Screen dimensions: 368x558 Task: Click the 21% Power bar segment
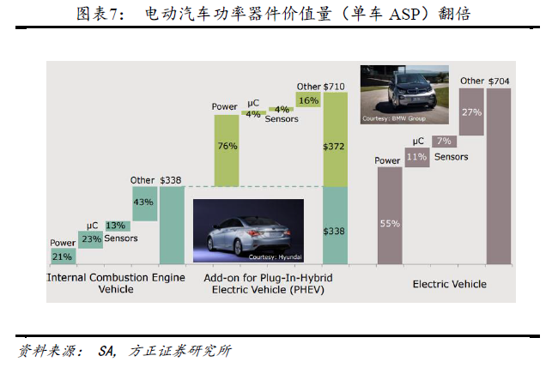pyautogui.click(x=63, y=256)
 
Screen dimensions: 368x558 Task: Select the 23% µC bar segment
pyautogui.click(x=90, y=240)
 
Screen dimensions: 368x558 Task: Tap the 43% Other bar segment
pyautogui.click(x=143, y=202)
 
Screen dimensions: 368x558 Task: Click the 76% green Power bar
pyautogui.click(x=227, y=147)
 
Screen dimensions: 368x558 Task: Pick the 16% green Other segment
pyautogui.click(x=307, y=100)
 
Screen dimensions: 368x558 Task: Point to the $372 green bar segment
pyautogui.click(x=335, y=147)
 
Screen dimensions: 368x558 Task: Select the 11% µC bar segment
pyautogui.click(x=417, y=157)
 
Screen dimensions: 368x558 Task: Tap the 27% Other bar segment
pyautogui.click(x=471, y=112)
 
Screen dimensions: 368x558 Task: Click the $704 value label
pyautogui.click(x=499, y=81)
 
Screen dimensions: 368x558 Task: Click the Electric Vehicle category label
pyautogui.click(x=449, y=284)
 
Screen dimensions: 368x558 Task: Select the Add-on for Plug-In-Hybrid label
pyautogui.click(x=268, y=279)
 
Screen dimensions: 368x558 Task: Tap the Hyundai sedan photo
pyautogui.click(x=247, y=231)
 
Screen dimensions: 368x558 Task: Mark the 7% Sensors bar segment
pyautogui.click(x=444, y=141)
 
